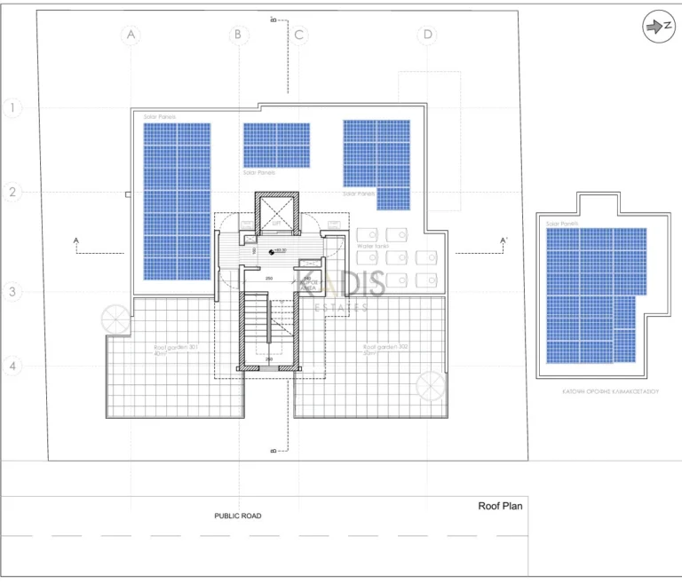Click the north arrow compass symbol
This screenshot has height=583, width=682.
pyautogui.click(x=657, y=28)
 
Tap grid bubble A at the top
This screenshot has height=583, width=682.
pyautogui.click(x=131, y=35)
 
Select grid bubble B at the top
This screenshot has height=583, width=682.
pyautogui.click(x=238, y=35)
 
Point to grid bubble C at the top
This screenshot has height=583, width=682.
pyautogui.click(x=300, y=35)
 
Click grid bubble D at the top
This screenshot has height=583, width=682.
pyautogui.click(x=429, y=35)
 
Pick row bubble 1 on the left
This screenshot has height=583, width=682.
pyautogui.click(x=12, y=108)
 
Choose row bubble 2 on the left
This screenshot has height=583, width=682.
pyautogui.click(x=12, y=193)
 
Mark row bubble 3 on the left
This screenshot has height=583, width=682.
pyautogui.click(x=12, y=291)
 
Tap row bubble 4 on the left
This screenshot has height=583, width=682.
pyautogui.click(x=12, y=366)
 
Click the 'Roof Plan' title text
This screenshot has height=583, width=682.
pyautogui.click(x=500, y=507)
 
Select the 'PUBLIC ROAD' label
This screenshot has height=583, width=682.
pyautogui.click(x=238, y=516)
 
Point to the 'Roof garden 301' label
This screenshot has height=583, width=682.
pyautogui.click(x=175, y=349)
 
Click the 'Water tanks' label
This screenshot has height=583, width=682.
pyautogui.click(x=373, y=245)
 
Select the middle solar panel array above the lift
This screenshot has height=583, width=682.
pyautogui.click(x=277, y=146)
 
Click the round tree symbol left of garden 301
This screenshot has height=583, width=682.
pyautogui.click(x=115, y=319)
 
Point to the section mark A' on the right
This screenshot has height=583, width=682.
pyautogui.click(x=504, y=240)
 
